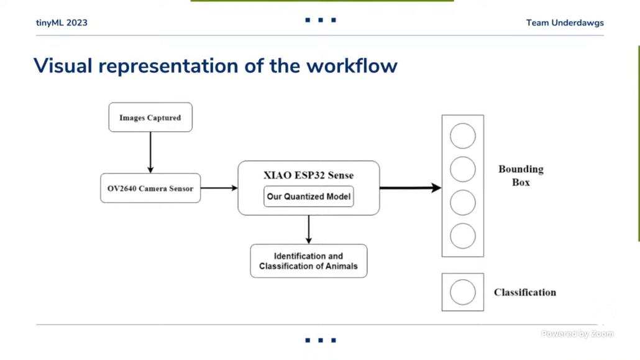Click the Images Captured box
150,118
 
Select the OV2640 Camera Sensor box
150,188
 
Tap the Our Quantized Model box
309,196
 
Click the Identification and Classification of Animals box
309,261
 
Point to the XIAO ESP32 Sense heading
309,175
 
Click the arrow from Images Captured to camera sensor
150,152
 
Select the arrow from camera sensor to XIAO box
219,188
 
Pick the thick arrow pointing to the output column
411,188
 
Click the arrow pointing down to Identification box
309,229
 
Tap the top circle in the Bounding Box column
462,136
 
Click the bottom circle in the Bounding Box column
462,236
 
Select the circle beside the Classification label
462,292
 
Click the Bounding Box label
521,176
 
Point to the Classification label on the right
525,292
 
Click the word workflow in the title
352,66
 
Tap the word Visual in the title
63,66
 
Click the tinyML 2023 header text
62,22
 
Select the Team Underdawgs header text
565,23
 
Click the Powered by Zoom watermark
577,334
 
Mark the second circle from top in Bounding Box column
462,169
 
